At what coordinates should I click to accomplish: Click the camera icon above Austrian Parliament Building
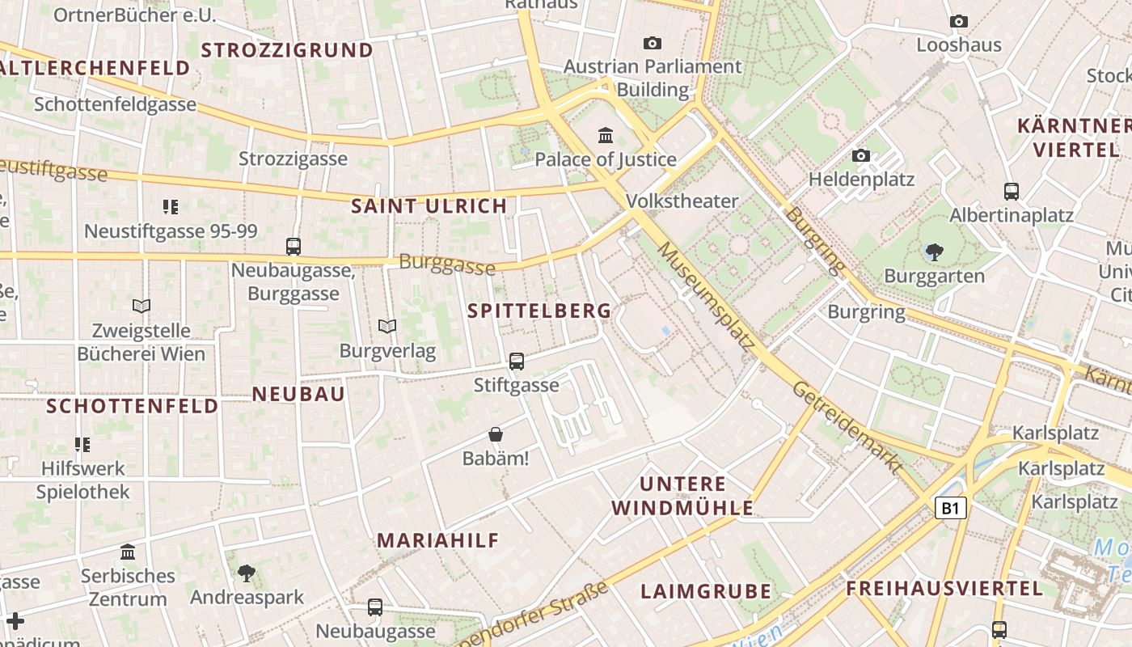[653, 43]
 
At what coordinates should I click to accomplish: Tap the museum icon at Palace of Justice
[606, 135]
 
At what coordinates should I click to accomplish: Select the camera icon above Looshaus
[959, 21]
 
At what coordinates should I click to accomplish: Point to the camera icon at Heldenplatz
[861, 155]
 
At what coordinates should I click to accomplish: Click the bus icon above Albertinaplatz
[1012, 192]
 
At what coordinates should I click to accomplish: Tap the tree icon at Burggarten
[935, 252]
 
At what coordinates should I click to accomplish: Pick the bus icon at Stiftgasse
[517, 362]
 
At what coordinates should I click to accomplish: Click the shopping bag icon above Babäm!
[496, 435]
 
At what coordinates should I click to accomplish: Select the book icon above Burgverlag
[387, 326]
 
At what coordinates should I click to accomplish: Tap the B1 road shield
[951, 508]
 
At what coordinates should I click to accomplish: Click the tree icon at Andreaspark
[247, 573]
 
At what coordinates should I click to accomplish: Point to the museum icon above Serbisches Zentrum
[128, 552]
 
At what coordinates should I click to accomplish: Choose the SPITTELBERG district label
[539, 311]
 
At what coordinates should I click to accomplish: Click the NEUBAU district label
[299, 394]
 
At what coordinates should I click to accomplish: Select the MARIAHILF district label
[438, 540]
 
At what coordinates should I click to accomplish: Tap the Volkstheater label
[682, 201]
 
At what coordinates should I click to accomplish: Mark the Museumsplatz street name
[706, 297]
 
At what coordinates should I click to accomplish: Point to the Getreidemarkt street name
[847, 427]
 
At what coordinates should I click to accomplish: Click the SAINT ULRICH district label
[429, 206]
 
